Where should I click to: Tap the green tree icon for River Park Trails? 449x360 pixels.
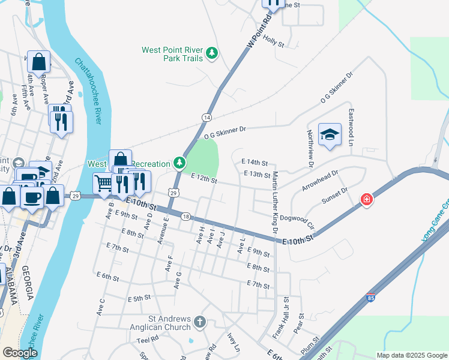211,54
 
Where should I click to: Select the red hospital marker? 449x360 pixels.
366,199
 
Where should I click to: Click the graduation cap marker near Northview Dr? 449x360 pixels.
330,135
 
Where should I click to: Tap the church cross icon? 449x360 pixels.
200,323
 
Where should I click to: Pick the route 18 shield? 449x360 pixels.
186,217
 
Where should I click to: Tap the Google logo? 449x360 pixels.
20,353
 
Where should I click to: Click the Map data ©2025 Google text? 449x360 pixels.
411,355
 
